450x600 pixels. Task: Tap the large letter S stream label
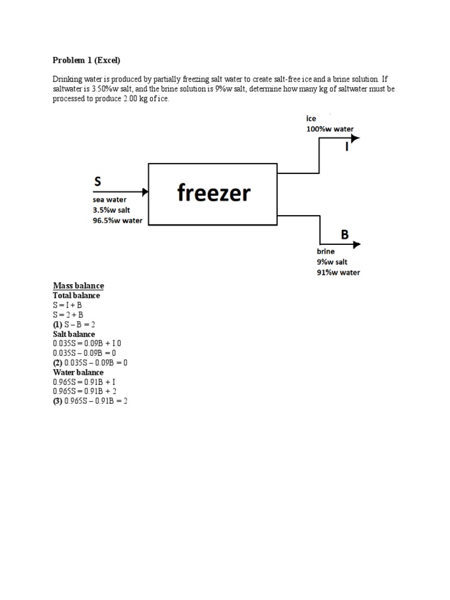tap(98, 182)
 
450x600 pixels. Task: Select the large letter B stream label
tap(345, 235)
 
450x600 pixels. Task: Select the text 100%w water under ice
tap(330, 129)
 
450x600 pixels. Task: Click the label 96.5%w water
tap(118, 220)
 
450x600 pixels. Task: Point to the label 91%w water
tap(339, 272)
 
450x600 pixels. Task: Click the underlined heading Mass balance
tap(79, 286)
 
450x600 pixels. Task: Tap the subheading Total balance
tap(77, 295)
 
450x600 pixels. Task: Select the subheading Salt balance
tap(74, 334)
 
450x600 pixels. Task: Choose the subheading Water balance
tap(79, 372)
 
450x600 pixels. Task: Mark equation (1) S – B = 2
tap(74, 325)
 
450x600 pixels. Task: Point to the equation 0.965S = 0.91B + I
tap(87, 381)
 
